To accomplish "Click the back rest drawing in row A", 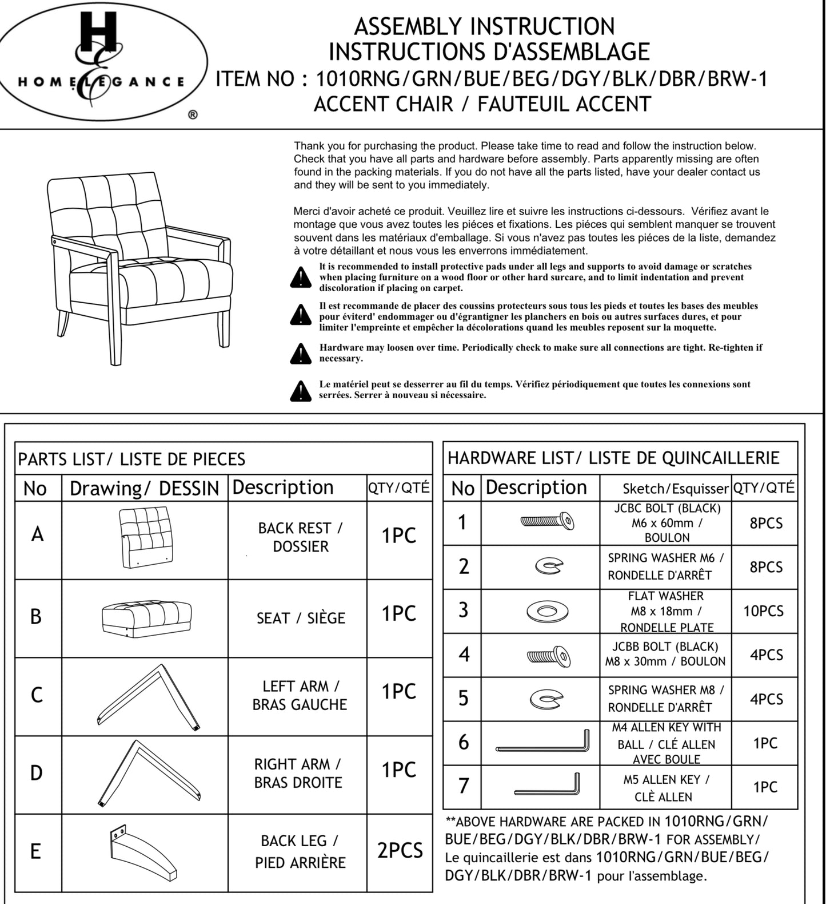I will click(146, 537).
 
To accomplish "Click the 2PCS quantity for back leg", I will click(400, 851).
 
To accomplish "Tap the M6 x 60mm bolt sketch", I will click(547, 521).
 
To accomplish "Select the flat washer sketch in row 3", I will click(547, 611).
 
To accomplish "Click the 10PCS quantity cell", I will click(763, 611).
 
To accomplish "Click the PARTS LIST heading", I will click(131, 459).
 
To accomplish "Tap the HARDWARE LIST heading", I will click(613, 458).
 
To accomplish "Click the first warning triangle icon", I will click(301, 277).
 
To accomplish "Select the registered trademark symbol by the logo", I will click(193, 115).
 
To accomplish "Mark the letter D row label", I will click(36, 773).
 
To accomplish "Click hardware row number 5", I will click(463, 699).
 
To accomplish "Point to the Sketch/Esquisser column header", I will click(675, 489).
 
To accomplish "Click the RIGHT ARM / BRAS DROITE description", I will click(298, 773).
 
